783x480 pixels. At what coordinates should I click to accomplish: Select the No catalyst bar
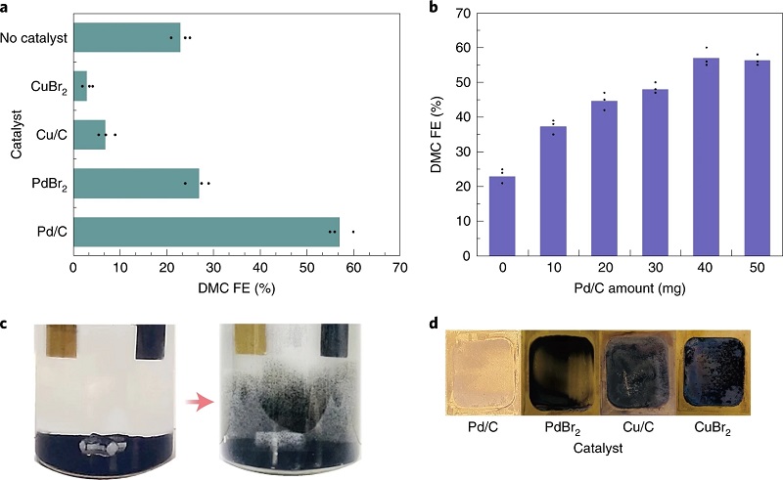[x=126, y=37]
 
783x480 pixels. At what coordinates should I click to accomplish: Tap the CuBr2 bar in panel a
[x=80, y=86]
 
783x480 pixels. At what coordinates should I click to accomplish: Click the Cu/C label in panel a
[x=49, y=134]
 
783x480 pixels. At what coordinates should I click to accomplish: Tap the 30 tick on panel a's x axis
[x=212, y=265]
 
